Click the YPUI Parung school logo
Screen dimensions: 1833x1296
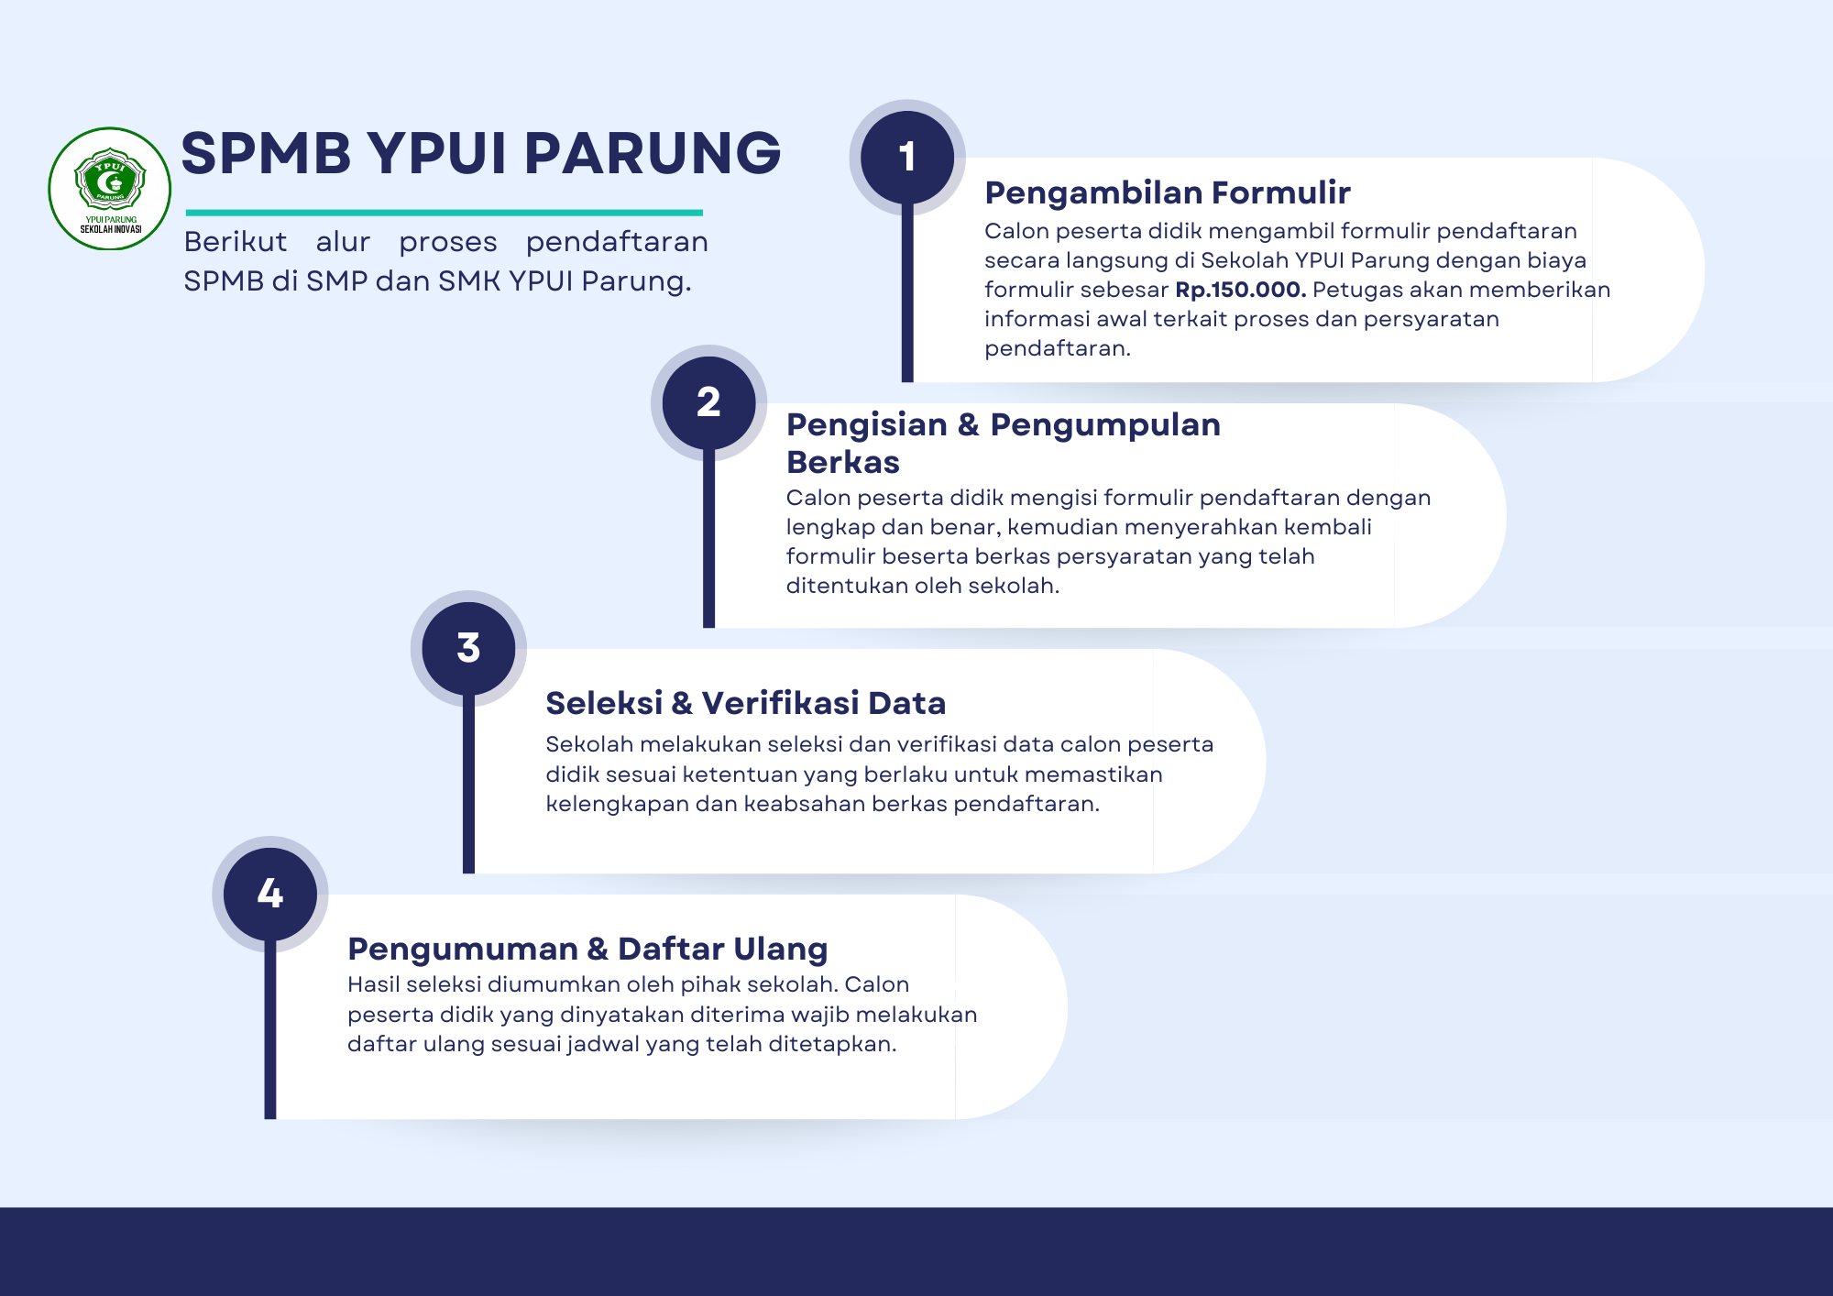pyautogui.click(x=110, y=189)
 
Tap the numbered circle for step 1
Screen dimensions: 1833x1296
pyautogui.click(x=907, y=158)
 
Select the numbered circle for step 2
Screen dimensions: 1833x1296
pyautogui.click(x=708, y=403)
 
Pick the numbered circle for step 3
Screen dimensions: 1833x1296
pyautogui.click(x=468, y=649)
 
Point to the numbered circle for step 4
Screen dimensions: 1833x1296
pyautogui.click(x=270, y=894)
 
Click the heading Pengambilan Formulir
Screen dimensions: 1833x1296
pyautogui.click(x=1168, y=192)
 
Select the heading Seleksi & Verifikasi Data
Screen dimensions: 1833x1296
pyautogui.click(x=745, y=703)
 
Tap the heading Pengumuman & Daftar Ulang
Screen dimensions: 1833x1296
pyautogui.click(x=587, y=949)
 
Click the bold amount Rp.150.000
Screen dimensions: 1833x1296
pyautogui.click(x=1241, y=290)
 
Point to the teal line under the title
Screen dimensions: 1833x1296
pyautogui.click(x=444, y=213)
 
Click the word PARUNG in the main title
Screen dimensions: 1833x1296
pyautogui.click(x=653, y=153)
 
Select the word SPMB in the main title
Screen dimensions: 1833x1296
pyautogui.click(x=267, y=153)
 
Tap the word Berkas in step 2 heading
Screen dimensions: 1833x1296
pyautogui.click(x=843, y=462)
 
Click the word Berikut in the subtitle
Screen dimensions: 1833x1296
pyautogui.click(x=236, y=241)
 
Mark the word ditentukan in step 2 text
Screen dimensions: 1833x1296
pyautogui.click(x=850, y=586)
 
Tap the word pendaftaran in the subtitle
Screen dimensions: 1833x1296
pyautogui.click(x=617, y=242)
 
